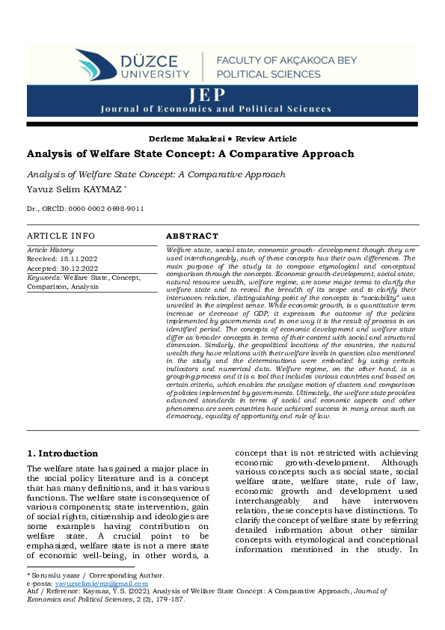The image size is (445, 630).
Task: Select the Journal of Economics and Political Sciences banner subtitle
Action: [x=216, y=108]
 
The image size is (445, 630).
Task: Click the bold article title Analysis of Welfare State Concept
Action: [x=190, y=154]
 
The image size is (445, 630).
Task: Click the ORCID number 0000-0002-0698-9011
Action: [x=108, y=209]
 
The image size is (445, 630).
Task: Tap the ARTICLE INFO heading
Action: [x=61, y=236]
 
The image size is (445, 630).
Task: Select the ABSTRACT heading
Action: [x=192, y=236]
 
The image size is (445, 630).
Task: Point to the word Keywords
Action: [x=44, y=277]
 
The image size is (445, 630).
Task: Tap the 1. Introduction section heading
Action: [x=62, y=453]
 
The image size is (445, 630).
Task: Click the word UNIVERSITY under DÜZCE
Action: [x=156, y=74]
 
